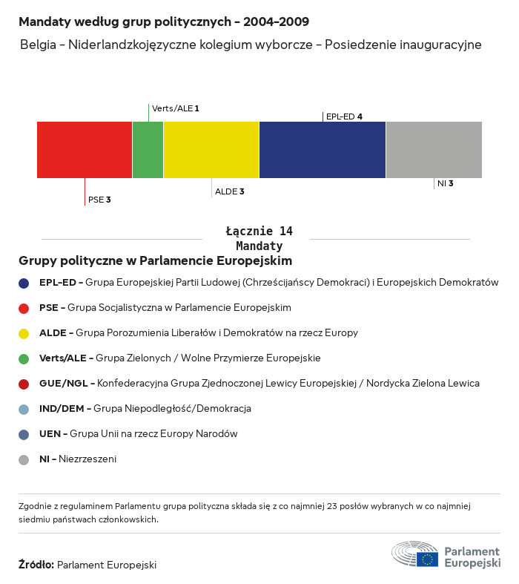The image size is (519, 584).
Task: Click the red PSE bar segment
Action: (x=85, y=150)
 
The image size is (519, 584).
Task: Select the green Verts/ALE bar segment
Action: (x=148, y=150)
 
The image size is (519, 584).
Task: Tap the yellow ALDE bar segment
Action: (x=211, y=150)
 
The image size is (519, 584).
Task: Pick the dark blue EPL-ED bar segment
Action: (x=323, y=150)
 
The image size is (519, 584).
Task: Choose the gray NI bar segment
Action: (x=434, y=150)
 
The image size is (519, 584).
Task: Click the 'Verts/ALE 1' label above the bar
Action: (x=176, y=108)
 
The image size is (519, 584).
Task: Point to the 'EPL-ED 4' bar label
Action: (x=344, y=117)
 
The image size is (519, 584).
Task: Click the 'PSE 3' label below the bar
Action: (x=99, y=200)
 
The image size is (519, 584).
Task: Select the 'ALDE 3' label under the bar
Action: (x=229, y=191)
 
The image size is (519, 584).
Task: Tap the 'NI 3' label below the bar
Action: (x=445, y=183)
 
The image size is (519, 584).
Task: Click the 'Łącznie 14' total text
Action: (x=259, y=232)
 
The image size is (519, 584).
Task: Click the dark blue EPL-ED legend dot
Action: (x=24, y=283)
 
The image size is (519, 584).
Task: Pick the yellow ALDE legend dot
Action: (x=24, y=333)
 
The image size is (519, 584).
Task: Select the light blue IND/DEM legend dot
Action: (x=24, y=409)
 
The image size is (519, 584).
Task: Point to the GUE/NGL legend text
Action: (x=259, y=384)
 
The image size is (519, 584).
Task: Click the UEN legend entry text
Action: (x=139, y=434)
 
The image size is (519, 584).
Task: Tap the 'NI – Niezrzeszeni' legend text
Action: (x=78, y=459)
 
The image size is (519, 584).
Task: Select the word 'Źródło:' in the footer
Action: (x=36, y=565)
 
